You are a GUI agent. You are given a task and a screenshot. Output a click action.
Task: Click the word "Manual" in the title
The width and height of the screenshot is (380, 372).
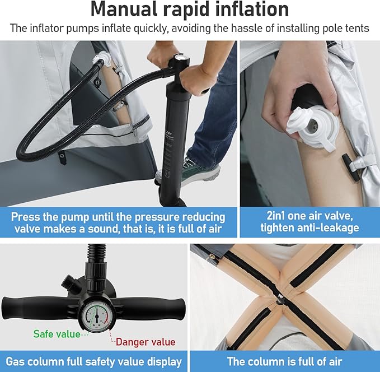click(124, 10)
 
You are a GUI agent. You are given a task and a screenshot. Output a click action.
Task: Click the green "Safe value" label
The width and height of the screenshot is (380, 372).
click(57, 334)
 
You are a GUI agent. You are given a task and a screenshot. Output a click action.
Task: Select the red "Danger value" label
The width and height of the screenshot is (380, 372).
click(146, 342)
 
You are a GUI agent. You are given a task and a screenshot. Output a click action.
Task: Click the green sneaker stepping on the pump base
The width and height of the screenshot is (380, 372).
click(201, 171)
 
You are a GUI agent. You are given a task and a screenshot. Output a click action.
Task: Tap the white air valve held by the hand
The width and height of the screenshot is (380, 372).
click(313, 127)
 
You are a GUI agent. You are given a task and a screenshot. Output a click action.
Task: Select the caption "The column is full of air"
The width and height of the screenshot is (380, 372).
click(284, 361)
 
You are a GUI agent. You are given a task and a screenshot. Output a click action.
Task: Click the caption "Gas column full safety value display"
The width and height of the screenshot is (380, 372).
click(93, 361)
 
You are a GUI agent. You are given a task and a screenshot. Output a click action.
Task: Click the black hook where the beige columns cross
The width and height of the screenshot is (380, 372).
click(280, 299)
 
